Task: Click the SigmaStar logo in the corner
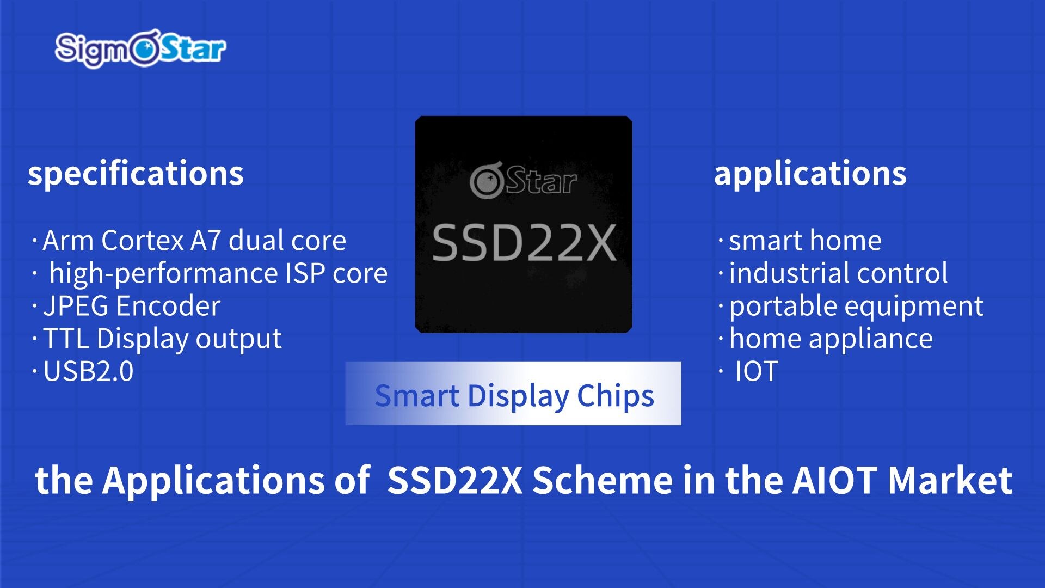pos(140,49)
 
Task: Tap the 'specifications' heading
pos(136,174)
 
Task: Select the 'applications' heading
pos(810,174)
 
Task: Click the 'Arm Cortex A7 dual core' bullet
pos(194,241)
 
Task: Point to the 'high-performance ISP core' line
pos(218,273)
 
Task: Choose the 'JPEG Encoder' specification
pos(132,306)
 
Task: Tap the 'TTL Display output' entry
pos(162,339)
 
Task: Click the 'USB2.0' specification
pos(88,372)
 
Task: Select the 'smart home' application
pos(805,241)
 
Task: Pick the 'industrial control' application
pos(838,273)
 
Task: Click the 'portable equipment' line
pos(856,306)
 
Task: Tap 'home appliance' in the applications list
pos(831,339)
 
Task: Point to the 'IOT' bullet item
pos(757,372)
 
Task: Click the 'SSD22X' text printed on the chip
pos(524,243)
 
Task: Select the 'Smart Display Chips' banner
pos(513,394)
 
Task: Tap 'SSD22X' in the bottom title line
pos(455,480)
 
